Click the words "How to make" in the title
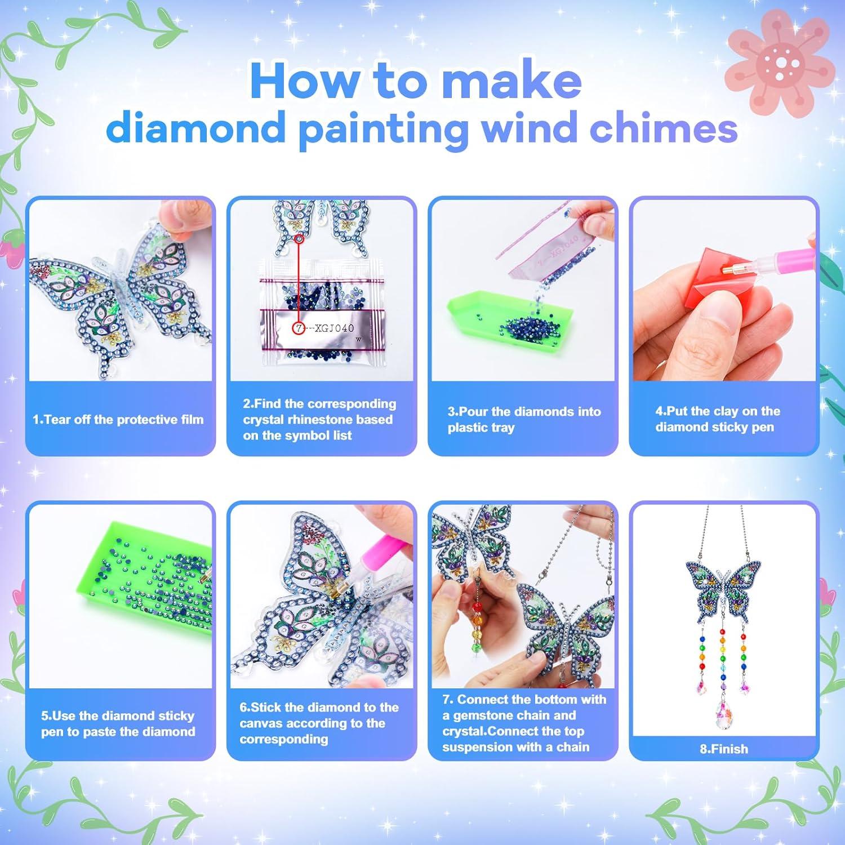(416, 81)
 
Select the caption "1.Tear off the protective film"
(118, 420)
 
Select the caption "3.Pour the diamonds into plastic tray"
(523, 420)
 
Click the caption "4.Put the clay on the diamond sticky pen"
(717, 419)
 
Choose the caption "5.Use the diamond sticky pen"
(118, 724)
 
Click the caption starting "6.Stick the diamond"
(319, 723)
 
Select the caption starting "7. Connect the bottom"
(523, 723)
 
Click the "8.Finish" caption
(724, 749)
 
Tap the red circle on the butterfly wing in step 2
(299, 239)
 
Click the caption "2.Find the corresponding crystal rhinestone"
(319, 420)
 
